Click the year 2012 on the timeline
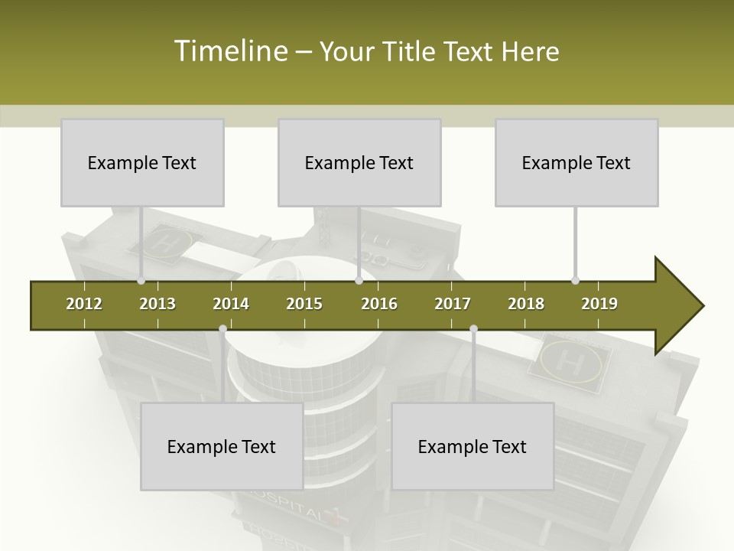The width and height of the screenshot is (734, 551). (84, 304)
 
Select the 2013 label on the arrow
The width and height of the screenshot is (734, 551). (158, 304)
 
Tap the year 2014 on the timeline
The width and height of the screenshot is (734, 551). (231, 304)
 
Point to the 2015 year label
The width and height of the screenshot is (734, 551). (304, 304)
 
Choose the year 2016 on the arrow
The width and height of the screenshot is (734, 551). (379, 304)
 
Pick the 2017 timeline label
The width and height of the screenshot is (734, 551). (453, 304)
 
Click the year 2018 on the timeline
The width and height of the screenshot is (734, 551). (526, 304)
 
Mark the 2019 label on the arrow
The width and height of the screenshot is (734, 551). (599, 304)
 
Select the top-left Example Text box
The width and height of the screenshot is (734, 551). (142, 162)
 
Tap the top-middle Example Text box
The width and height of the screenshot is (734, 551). (359, 162)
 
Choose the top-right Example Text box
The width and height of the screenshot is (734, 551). (576, 162)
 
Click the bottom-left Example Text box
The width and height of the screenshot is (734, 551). (222, 446)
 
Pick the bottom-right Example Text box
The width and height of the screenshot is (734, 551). (473, 446)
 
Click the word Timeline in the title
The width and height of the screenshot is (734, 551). (230, 51)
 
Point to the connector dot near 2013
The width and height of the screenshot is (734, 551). (141, 281)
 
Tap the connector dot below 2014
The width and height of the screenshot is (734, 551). (222, 329)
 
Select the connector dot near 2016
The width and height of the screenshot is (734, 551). (359, 281)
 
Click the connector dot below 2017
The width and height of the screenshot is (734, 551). (473, 329)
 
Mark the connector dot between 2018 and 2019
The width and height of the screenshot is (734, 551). (575, 281)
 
